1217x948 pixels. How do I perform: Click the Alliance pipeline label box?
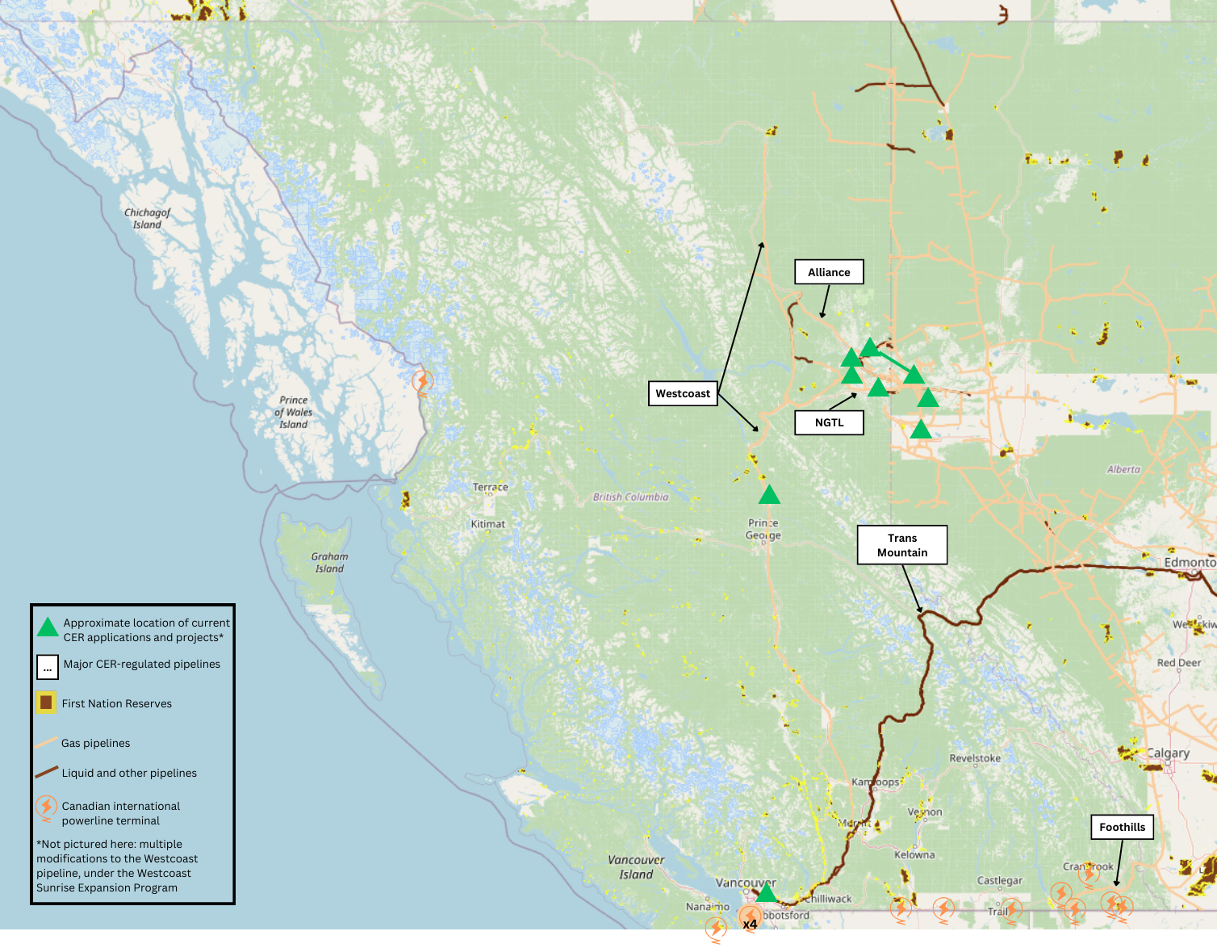(829, 272)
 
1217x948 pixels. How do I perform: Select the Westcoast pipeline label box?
(683, 393)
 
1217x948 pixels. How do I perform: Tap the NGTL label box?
(829, 422)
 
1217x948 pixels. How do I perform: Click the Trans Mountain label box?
(901, 545)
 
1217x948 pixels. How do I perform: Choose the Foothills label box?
(1122, 827)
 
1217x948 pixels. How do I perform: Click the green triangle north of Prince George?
(769, 495)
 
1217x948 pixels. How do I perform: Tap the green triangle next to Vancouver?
(766, 893)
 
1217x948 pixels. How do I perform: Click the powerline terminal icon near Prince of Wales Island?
(422, 380)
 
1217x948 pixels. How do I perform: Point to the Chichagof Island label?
(147, 219)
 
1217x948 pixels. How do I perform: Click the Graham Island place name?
(329, 562)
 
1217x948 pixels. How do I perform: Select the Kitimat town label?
(488, 524)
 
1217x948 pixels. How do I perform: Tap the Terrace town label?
(490, 487)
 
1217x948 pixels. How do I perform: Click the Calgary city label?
(1168, 753)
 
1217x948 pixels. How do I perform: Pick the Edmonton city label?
(1189, 562)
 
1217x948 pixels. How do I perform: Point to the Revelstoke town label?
(975, 758)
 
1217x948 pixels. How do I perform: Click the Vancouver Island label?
(636, 866)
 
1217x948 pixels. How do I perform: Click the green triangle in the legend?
(48, 627)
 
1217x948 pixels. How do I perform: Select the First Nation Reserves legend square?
(46, 703)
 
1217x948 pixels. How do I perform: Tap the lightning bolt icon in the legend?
(46, 807)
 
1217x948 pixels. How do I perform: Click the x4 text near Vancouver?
(750, 924)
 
